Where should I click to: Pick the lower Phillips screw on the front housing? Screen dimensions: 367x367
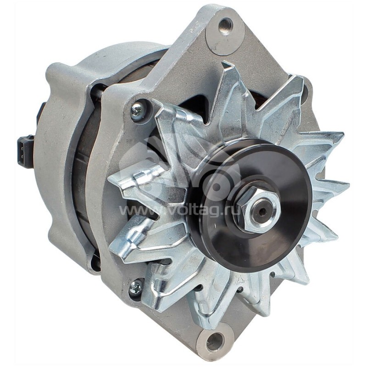[136, 288]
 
